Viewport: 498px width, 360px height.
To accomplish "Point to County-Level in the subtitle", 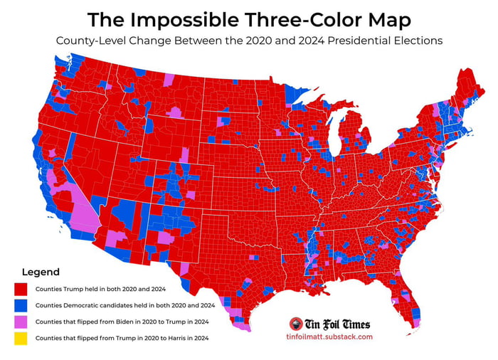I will click(x=90, y=41).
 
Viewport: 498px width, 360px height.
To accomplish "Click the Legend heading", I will click(x=41, y=272).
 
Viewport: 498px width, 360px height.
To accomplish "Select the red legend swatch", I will click(x=21, y=290).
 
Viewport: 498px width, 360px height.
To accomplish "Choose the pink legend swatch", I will click(x=21, y=322).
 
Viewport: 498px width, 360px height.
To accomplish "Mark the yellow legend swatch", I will click(x=21, y=339).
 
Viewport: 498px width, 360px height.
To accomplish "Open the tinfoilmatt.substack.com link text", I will click(x=332, y=337).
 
